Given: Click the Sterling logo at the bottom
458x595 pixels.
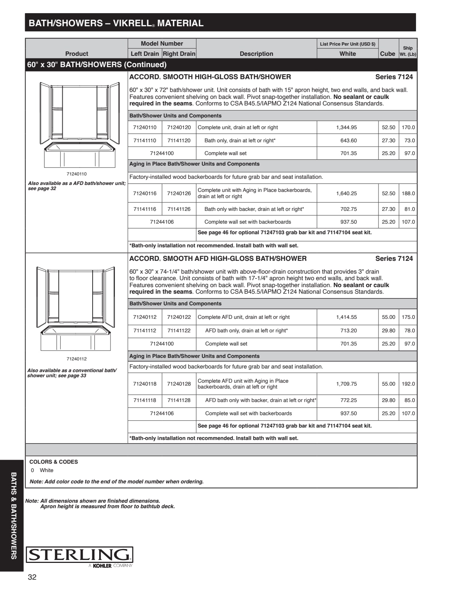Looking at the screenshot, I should coord(79,555).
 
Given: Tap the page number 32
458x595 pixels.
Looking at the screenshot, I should coord(32,577).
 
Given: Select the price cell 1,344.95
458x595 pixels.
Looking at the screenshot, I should coord(346,127).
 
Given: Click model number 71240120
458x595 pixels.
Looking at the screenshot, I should coord(179,127).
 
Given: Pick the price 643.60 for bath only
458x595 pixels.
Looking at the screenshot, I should coord(349,140).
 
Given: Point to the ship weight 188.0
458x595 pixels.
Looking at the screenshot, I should coord(408,193).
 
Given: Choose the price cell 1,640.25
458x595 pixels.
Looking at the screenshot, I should coord(346,193).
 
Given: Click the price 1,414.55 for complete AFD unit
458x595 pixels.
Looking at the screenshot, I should coord(346,317).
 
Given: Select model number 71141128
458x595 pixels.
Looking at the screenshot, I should coord(179,400).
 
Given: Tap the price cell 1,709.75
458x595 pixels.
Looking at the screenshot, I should coord(346,384).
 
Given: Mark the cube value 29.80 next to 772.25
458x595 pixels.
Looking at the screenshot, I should coord(388,400).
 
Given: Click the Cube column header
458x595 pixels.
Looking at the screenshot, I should coord(388,54).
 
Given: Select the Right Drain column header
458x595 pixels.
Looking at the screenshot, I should coord(179,54).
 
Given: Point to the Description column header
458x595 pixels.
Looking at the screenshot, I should coord(256,54).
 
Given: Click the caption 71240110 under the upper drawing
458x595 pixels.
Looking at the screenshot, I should coord(77,174).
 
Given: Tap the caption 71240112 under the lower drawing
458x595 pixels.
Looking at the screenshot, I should coord(77,359).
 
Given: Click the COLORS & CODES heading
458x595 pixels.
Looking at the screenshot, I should coord(54,462).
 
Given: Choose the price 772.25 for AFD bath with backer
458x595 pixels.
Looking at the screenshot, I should coord(349,400).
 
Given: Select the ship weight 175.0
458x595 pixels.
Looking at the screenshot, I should coord(408,317).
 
